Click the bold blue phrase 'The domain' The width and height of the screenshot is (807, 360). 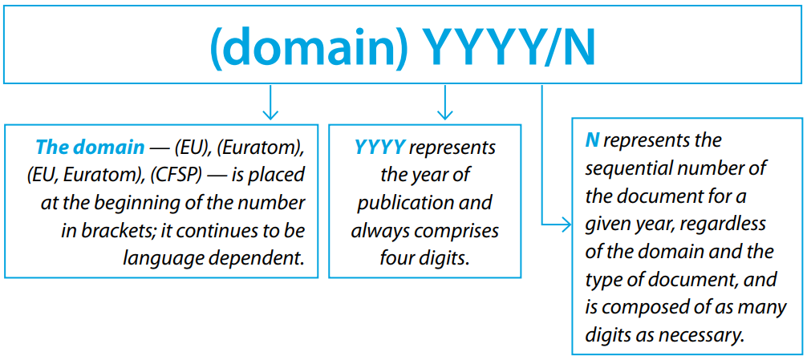[91, 148]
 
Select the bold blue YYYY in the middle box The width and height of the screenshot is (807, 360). [379, 148]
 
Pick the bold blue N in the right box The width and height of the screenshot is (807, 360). [592, 140]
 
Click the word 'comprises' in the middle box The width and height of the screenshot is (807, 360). [457, 231]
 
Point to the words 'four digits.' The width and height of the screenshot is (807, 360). [424, 258]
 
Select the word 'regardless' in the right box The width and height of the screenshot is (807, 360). [726, 224]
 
